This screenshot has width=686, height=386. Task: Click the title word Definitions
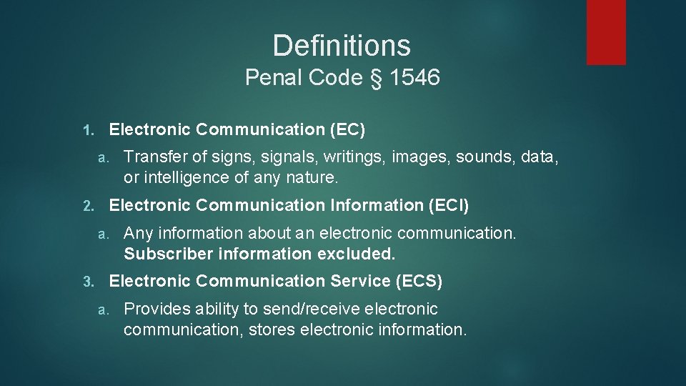(x=342, y=46)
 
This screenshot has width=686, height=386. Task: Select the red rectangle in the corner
(x=606, y=32)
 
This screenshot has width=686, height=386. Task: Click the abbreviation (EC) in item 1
(x=347, y=129)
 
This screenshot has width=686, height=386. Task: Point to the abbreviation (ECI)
(x=449, y=205)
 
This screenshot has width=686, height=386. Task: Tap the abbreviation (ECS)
(x=419, y=282)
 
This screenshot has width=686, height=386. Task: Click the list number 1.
(x=87, y=130)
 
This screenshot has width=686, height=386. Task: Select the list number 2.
(x=87, y=206)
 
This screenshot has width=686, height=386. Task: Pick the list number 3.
(x=87, y=282)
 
